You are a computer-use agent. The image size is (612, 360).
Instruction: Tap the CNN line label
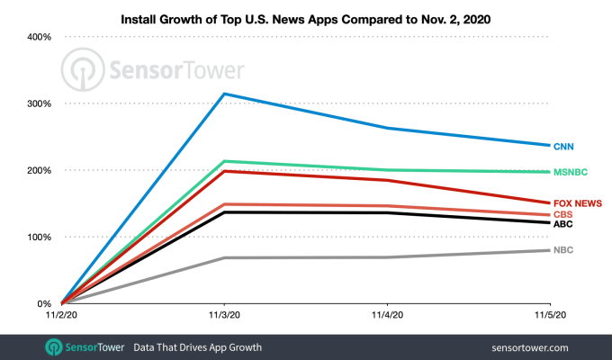(565, 146)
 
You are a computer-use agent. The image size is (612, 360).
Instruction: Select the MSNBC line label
(571, 172)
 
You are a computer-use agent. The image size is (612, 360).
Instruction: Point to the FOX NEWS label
(577, 203)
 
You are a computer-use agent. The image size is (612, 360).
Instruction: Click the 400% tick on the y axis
(38, 37)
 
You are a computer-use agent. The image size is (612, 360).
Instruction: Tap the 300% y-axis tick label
(38, 103)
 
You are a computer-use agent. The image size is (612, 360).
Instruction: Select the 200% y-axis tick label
(38, 170)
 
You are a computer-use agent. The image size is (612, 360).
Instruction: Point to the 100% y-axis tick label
(38, 237)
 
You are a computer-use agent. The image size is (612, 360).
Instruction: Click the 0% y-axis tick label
(43, 304)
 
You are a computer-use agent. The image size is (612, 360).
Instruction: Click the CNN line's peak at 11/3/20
(224, 94)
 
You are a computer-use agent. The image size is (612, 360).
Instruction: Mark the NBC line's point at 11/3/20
(224, 258)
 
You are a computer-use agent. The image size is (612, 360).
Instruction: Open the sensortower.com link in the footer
(531, 346)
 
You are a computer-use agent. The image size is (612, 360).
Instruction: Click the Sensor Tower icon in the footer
(54, 346)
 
